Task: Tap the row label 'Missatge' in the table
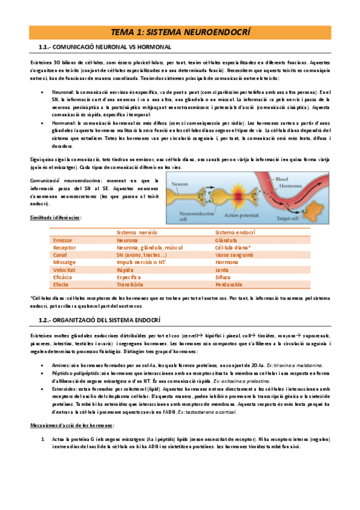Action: (x=64, y=262)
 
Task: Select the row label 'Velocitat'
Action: (x=65, y=269)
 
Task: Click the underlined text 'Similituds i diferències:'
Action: (x=56, y=217)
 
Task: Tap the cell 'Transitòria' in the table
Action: (x=130, y=284)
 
